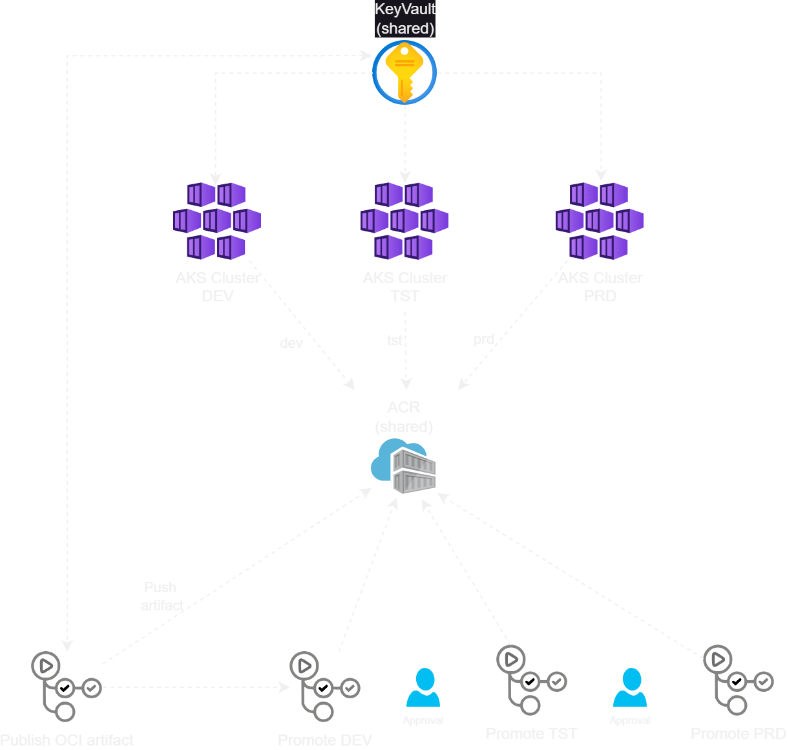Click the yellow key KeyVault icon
pyautogui.click(x=404, y=72)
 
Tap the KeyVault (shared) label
pyautogui.click(x=405, y=19)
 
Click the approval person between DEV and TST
pyautogui.click(x=423, y=689)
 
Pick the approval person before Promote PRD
pyautogui.click(x=630, y=689)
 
